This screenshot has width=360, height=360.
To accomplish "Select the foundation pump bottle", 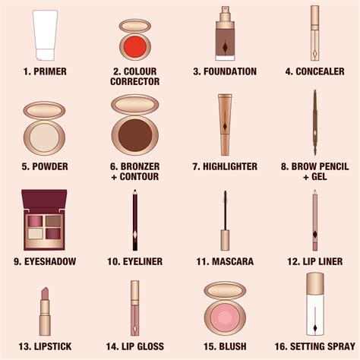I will click(x=225, y=34).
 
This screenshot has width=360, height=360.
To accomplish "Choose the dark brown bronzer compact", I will click(x=134, y=125).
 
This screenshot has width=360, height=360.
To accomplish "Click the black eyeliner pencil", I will click(x=134, y=219).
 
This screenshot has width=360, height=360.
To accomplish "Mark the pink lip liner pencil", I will click(x=314, y=220).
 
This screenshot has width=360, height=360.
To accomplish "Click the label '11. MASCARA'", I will click(x=224, y=261).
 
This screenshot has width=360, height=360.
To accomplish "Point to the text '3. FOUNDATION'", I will click(x=224, y=71).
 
